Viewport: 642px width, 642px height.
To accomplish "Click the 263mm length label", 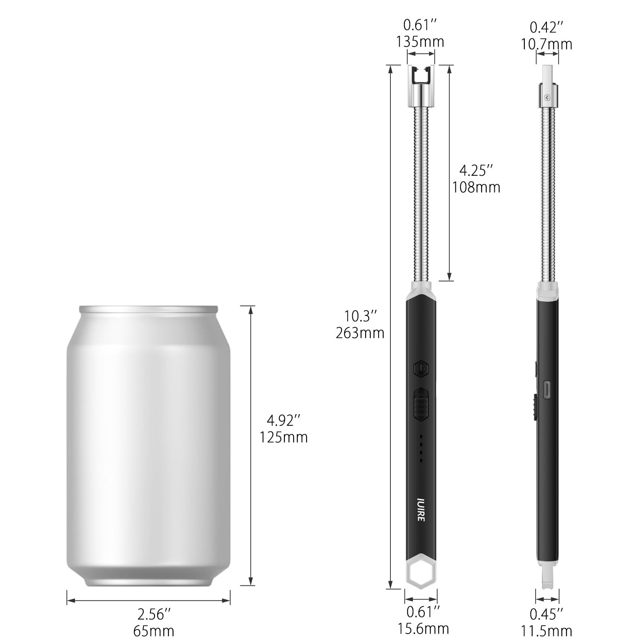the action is tap(360, 333).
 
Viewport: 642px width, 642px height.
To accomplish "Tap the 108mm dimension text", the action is tap(476, 187).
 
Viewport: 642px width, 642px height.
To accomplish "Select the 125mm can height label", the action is tap(284, 437).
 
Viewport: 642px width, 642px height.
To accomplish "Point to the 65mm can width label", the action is tap(154, 631).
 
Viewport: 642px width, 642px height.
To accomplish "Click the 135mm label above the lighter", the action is tap(420, 42).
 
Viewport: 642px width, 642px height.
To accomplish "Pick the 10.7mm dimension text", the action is tap(547, 44).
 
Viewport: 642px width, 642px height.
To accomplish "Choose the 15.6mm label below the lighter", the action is tap(423, 628).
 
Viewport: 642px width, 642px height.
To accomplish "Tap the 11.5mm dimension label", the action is tap(547, 631).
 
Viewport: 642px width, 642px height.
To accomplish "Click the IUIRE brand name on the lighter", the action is tap(421, 510).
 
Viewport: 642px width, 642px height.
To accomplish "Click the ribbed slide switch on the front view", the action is tap(421, 410).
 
